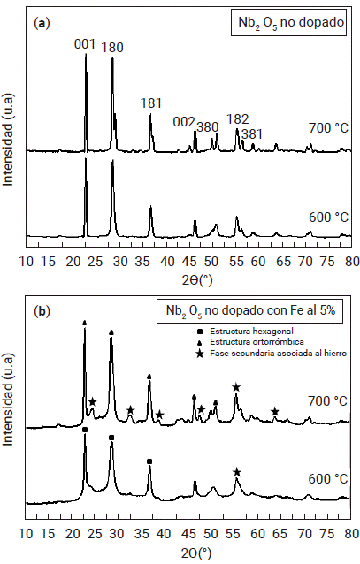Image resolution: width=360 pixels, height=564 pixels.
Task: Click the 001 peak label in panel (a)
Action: coord(86,41)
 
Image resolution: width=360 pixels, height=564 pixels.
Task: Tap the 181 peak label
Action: coord(150,103)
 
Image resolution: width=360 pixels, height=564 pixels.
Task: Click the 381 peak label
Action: coord(252,133)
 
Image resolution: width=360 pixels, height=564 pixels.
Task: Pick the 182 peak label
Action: coord(238,118)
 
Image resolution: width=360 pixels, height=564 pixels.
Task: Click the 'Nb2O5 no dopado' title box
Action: coord(293,22)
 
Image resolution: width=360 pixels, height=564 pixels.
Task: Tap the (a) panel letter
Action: coord(40,22)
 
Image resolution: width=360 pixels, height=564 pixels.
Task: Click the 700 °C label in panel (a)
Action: coord(328,128)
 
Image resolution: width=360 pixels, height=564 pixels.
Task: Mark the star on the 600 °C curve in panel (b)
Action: coord(236,472)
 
